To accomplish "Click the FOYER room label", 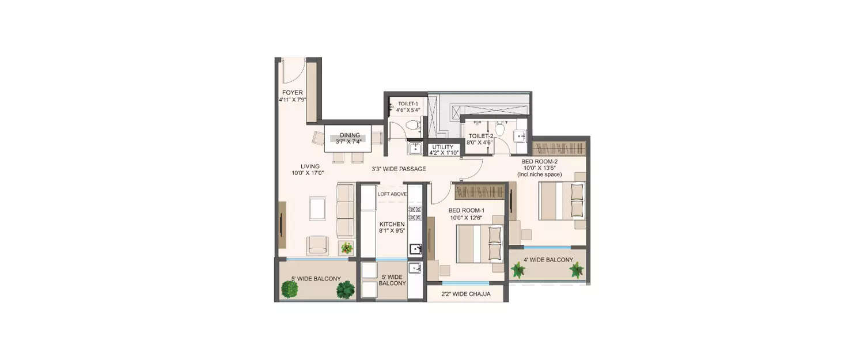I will coord(292,93).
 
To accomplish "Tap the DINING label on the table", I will coord(349,136).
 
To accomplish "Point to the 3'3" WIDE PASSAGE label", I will coord(399,169).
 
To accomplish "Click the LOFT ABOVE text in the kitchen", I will coord(392,194).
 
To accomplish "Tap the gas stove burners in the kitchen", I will coord(415,214).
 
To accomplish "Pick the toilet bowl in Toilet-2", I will coord(501,128).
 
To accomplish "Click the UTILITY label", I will coord(442,147).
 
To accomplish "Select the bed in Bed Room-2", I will coord(562,200).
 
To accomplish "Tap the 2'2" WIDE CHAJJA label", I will coord(467,294).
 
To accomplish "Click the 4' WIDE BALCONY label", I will coord(548,260).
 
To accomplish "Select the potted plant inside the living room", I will coord(346,248).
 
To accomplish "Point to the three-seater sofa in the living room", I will coord(345,210).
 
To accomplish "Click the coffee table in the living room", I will coord(317,209).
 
